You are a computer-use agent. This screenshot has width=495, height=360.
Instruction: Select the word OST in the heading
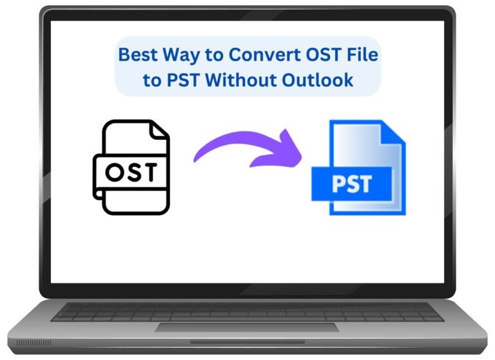tap(323, 54)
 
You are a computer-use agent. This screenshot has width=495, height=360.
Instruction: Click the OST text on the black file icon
tap(131, 172)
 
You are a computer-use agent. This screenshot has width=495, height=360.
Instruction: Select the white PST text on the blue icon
tap(352, 184)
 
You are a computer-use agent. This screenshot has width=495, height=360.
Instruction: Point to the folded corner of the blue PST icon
tap(393, 134)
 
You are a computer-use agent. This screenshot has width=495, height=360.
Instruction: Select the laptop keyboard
tap(247, 312)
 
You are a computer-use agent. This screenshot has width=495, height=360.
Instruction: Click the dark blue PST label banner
tap(352, 184)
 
